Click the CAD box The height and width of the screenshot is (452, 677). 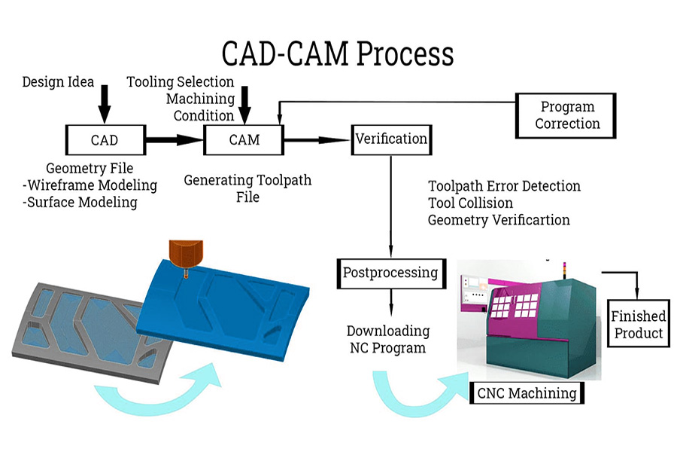104,140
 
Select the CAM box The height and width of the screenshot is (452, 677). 244,140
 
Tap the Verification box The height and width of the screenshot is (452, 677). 390,139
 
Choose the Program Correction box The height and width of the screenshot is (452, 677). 566,115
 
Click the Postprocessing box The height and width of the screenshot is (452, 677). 390,273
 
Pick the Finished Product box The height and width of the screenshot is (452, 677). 636,324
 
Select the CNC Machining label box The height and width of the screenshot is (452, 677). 527,392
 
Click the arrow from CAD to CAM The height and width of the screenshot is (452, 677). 174,140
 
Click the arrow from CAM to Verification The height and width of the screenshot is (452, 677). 316,140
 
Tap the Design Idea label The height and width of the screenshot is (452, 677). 57,81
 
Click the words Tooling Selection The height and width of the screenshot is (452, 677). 181,82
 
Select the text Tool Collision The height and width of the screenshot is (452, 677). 470,203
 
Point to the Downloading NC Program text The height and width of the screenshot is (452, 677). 388,339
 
